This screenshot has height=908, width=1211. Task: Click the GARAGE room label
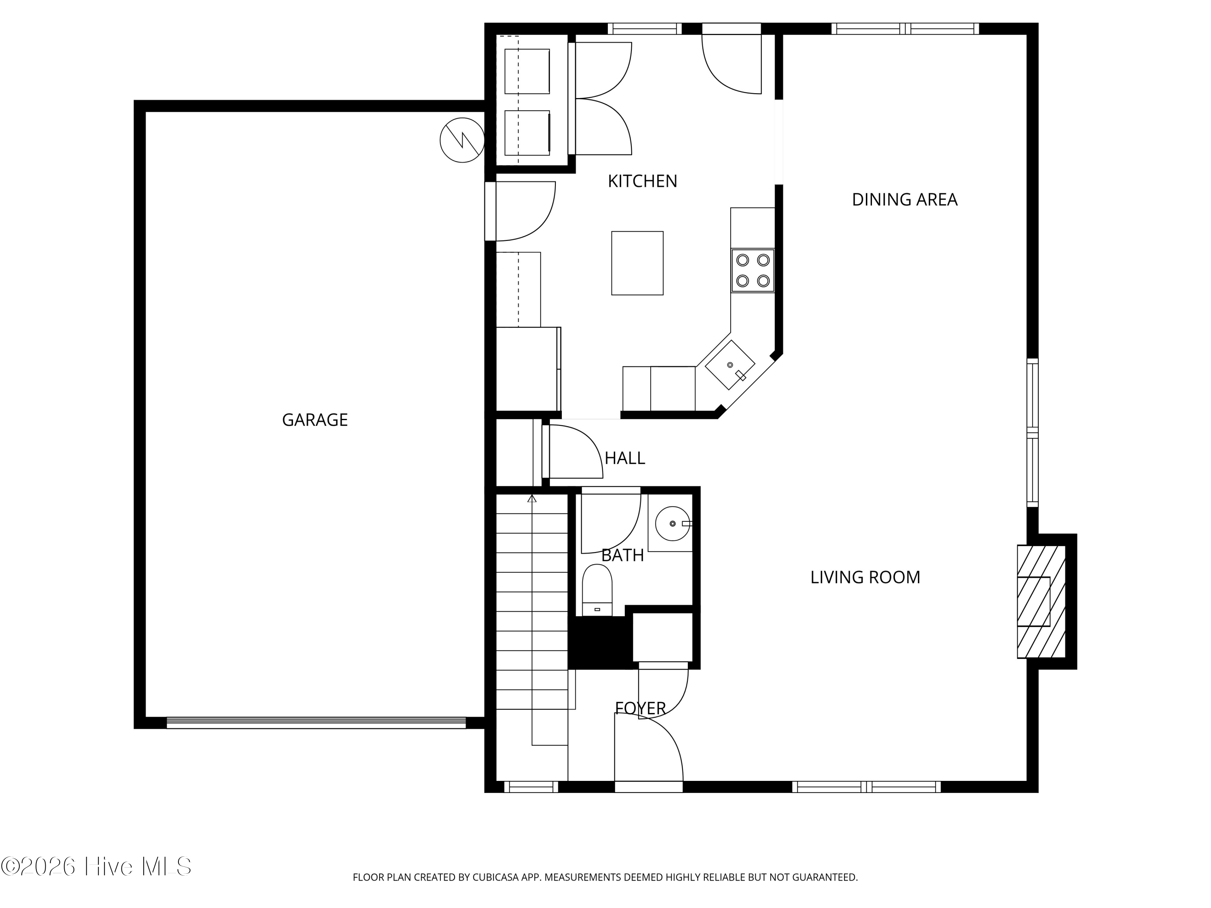[315, 420]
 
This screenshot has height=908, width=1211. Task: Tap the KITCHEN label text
[642, 181]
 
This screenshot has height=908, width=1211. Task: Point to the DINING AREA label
[905, 200]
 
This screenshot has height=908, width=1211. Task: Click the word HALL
[624, 458]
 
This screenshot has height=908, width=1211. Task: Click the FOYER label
[640, 708]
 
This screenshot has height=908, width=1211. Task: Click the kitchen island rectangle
[637, 263]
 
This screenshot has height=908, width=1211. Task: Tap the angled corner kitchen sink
[730, 365]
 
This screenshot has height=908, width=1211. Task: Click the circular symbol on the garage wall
[462, 140]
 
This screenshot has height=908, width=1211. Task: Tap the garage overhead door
[316, 722]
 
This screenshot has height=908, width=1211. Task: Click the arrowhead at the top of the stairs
[532, 499]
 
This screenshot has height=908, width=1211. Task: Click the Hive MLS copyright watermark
[96, 866]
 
